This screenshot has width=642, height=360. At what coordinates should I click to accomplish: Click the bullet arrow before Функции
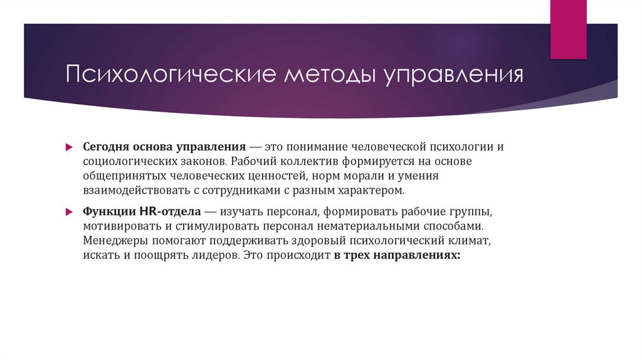pyautogui.click(x=71, y=211)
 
